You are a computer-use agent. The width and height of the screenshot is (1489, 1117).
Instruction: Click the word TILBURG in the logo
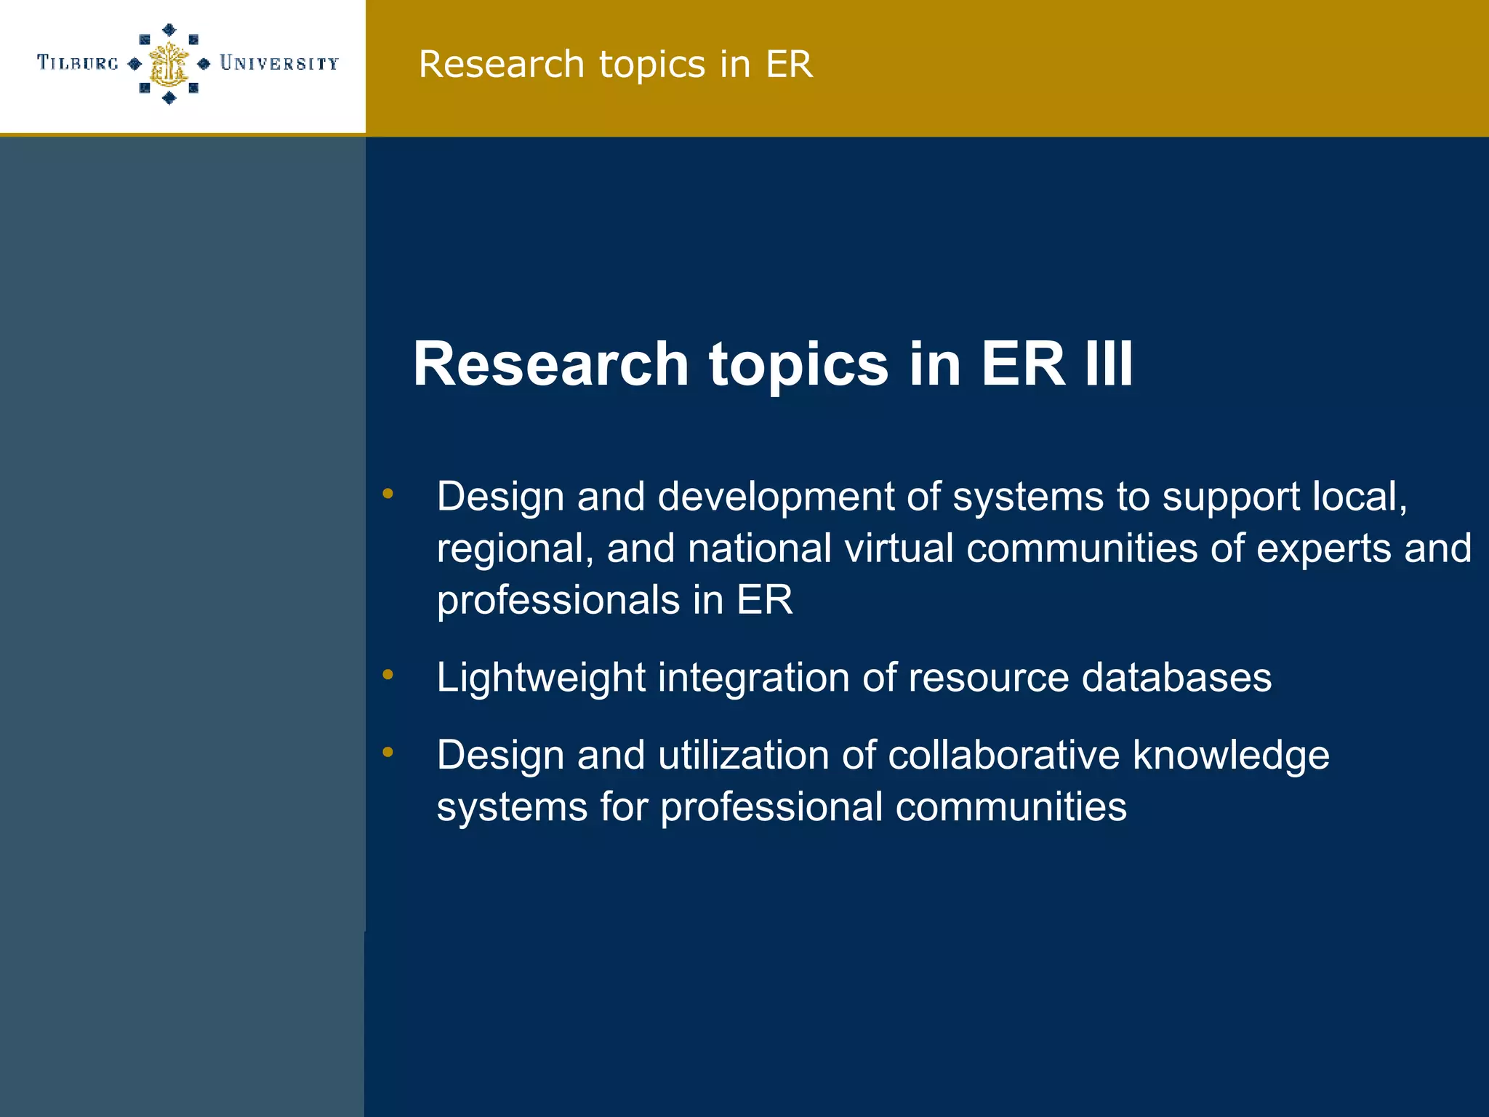pyautogui.click(x=78, y=63)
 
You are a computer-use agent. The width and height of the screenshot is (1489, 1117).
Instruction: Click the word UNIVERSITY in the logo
pyautogui.click(x=279, y=63)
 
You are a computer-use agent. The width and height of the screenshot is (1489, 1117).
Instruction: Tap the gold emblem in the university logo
pyautogui.click(x=169, y=64)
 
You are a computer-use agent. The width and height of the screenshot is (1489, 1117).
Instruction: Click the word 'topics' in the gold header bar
pyautogui.click(x=652, y=64)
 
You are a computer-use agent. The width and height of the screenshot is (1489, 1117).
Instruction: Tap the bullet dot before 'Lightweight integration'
pyautogui.click(x=388, y=676)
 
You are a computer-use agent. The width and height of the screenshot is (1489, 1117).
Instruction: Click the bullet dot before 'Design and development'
pyautogui.click(x=388, y=495)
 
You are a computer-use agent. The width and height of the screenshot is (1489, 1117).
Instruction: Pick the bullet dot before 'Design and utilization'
pyautogui.click(x=388, y=753)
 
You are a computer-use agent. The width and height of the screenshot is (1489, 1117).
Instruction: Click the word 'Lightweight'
pyautogui.click(x=541, y=678)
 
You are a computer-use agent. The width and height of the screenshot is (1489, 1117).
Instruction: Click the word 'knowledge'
pyautogui.click(x=1231, y=756)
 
